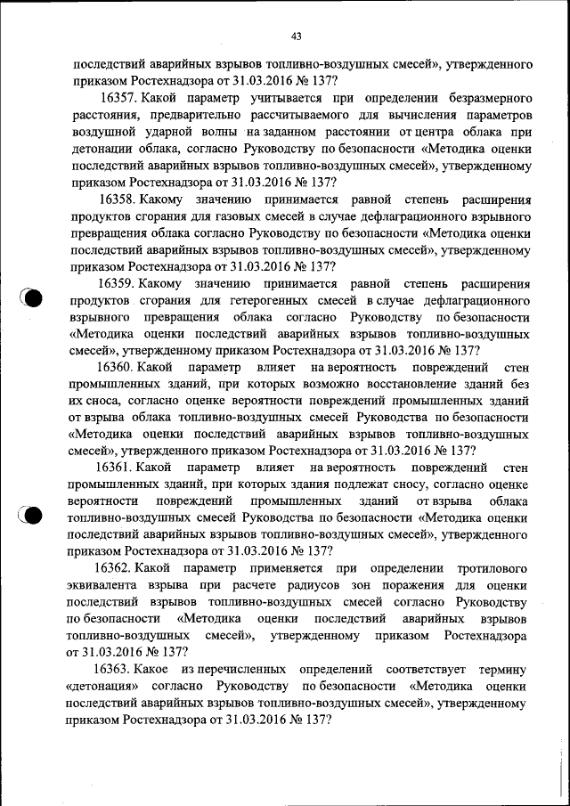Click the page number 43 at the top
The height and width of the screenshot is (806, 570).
(x=297, y=36)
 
